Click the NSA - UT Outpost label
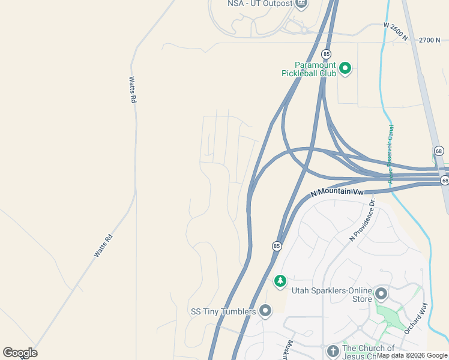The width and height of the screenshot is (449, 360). [x=259, y=4]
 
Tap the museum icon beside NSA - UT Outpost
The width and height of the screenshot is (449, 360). [x=301, y=4]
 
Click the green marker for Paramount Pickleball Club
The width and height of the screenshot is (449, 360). [x=345, y=69]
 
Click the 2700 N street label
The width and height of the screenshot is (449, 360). [x=430, y=40]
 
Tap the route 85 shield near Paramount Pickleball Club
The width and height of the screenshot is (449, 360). [x=326, y=54]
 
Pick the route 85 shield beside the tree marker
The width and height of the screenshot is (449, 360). [x=277, y=246]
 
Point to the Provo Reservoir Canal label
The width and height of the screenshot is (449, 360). [x=391, y=154]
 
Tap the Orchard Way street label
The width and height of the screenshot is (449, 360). [x=416, y=319]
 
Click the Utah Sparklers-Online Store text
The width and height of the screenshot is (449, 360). [x=331, y=295]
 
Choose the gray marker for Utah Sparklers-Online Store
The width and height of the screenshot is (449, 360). [x=381, y=294]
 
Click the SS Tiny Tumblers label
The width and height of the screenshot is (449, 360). [x=223, y=311]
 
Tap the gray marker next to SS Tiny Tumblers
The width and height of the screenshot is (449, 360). [x=265, y=311]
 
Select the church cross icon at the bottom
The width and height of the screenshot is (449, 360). [x=333, y=351]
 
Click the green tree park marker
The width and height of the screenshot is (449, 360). [x=280, y=281]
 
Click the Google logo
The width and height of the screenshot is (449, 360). [x=20, y=353]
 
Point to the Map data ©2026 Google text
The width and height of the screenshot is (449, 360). [x=412, y=356]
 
